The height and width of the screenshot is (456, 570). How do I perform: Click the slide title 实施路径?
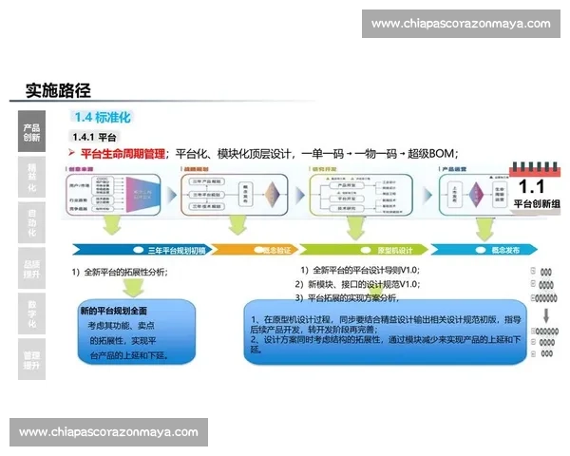58,91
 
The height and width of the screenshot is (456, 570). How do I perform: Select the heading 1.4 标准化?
101,118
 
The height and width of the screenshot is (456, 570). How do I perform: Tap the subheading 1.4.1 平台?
94,138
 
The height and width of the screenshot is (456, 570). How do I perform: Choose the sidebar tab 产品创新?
31,131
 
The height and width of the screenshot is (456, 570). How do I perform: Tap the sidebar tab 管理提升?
31,360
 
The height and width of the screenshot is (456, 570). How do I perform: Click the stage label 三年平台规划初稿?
176,250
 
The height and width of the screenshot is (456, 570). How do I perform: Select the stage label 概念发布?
504,250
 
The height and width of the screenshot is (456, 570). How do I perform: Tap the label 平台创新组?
537,203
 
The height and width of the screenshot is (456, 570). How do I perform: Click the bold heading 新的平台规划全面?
113,311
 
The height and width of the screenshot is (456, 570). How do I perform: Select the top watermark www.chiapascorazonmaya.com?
461,24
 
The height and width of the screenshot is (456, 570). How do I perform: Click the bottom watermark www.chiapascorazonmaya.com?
109,432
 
